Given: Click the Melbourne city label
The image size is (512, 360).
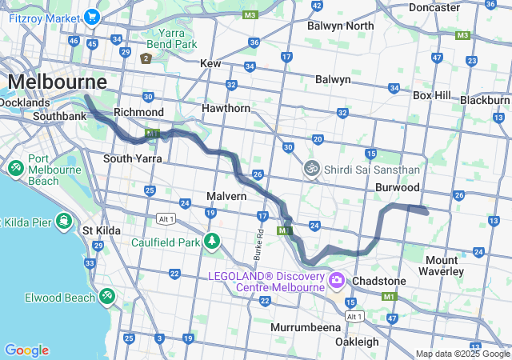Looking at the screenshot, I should click(57, 82).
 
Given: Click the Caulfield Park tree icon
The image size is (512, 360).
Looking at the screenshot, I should click(211, 241).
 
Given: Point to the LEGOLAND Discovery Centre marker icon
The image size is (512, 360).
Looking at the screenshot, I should click(336, 280).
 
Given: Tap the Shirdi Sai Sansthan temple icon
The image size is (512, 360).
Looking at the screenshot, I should click(311, 169).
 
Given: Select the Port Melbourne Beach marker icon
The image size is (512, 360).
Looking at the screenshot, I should click(15, 169).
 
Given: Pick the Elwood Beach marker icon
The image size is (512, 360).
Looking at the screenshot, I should click(106, 297).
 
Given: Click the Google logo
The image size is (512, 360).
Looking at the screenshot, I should click(26, 350).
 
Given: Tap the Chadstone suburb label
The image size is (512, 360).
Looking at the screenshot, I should click(378, 282).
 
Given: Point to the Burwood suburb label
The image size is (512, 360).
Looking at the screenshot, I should click(398, 187).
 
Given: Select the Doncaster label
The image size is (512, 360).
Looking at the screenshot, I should click(434, 7).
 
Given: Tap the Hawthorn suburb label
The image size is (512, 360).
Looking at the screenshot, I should click(226, 108).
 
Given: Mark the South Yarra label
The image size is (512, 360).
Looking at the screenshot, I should click(133, 158).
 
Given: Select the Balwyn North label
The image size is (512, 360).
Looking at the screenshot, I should click(342, 26).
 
